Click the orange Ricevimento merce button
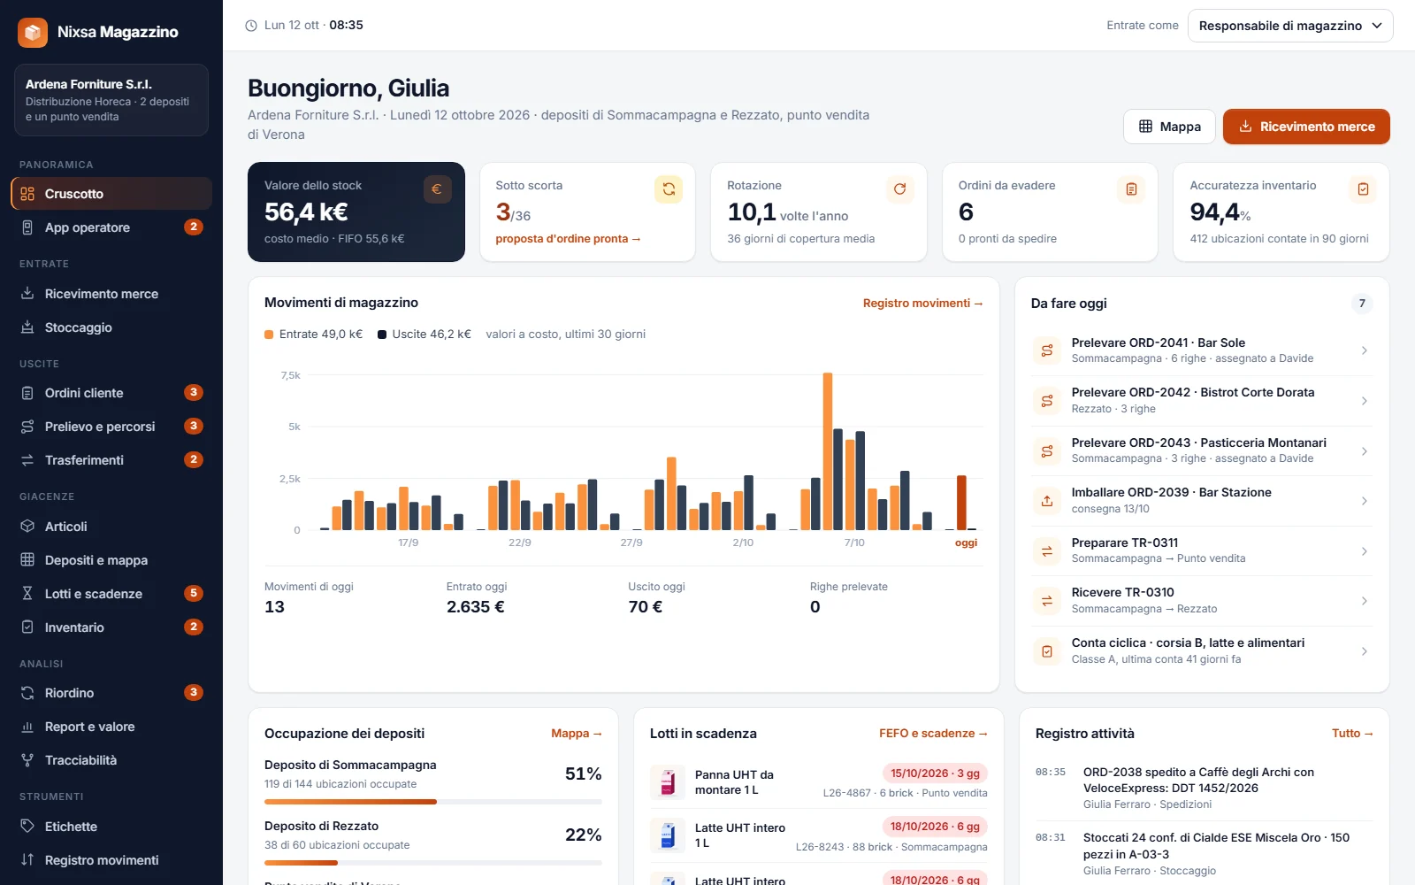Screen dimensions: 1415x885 (1305, 127)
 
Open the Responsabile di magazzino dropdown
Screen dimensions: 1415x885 (1290, 26)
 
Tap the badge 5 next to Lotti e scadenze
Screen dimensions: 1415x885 (194, 593)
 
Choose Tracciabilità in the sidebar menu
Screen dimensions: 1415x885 (80, 760)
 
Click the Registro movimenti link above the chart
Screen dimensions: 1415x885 (922, 303)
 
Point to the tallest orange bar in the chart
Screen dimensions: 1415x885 (828, 451)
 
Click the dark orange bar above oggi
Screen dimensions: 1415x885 (961, 503)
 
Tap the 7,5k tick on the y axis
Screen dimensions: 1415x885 (291, 375)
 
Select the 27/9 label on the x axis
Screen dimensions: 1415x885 (631, 543)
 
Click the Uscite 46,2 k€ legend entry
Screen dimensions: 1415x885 (424, 334)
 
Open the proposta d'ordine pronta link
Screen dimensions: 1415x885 (568, 238)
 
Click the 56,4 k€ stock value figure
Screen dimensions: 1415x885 (306, 212)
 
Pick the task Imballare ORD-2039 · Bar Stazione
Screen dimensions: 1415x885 (1171, 492)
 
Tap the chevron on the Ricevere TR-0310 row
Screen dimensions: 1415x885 (1365, 601)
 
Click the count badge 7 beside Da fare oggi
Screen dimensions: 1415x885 (1362, 304)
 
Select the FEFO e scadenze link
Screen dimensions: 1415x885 (933, 734)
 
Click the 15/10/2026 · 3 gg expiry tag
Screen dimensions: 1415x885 (935, 773)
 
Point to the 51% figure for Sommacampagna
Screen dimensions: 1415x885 (583, 773)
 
